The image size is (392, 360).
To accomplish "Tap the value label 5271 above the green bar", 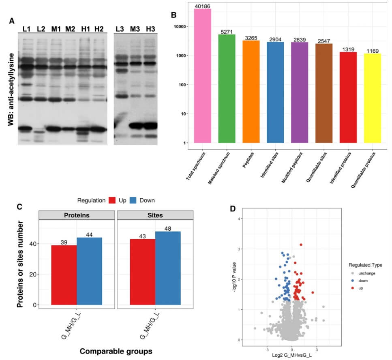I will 227,32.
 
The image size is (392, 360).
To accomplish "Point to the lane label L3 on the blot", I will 120,29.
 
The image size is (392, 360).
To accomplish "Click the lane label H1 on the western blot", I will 85,29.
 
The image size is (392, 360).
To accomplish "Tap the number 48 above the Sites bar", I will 167,228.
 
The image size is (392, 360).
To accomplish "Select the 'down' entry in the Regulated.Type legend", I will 359,281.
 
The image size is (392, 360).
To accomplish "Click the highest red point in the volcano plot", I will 301,245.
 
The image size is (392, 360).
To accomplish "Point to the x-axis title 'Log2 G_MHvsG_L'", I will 291,356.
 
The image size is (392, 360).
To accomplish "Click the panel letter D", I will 232,209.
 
